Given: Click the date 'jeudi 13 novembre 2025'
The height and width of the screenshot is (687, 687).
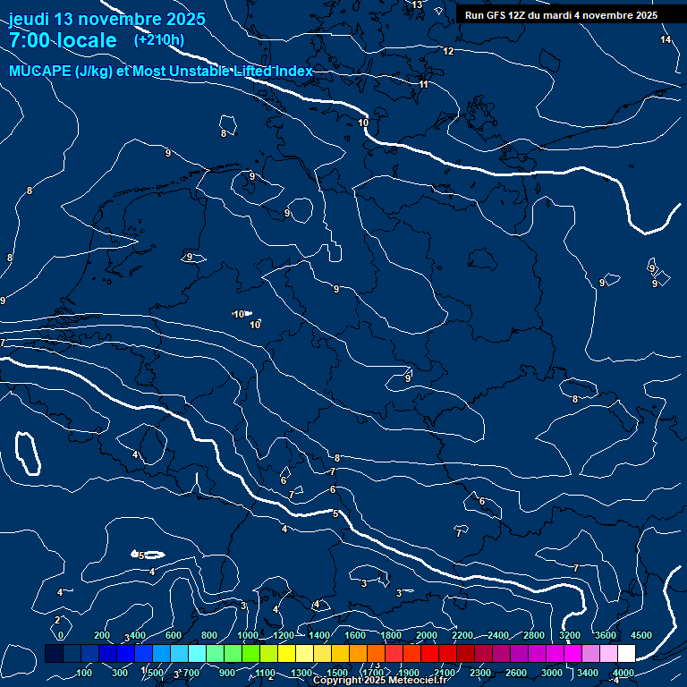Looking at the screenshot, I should click(106, 19).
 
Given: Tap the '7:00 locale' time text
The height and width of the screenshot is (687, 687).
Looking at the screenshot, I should click(63, 41).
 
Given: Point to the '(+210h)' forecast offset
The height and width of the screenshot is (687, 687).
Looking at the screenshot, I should click(159, 39).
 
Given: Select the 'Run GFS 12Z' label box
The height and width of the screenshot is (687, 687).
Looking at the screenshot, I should click(561, 15).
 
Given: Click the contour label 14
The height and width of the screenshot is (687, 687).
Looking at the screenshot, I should click(666, 40).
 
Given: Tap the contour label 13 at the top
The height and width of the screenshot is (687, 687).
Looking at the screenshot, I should click(417, 5).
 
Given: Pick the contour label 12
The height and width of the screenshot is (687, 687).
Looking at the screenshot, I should click(448, 52).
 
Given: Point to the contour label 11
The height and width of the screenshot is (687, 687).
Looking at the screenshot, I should click(423, 85).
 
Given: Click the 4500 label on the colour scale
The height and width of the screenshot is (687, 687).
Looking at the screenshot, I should click(641, 635).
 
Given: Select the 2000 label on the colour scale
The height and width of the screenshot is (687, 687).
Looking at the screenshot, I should click(427, 635).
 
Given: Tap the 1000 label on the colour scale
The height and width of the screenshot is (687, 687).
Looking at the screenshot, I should click(248, 635).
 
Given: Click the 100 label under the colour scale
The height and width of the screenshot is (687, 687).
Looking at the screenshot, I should click(84, 673).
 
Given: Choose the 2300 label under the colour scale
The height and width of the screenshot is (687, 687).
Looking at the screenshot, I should click(480, 673).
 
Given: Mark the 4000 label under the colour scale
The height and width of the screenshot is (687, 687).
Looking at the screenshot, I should click(623, 673).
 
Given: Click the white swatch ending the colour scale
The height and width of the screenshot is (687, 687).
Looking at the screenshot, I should click(626, 654).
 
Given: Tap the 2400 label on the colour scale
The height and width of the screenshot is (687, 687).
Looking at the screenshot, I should click(498, 635).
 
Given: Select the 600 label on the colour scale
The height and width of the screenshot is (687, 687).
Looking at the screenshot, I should click(174, 635).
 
